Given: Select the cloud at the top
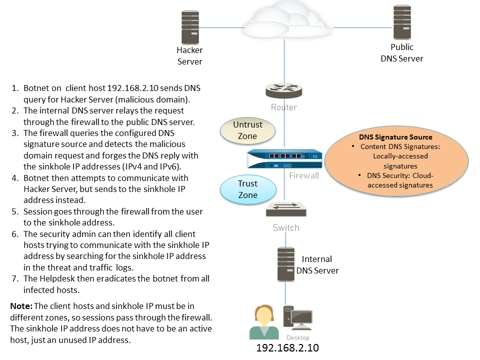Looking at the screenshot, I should (x=286, y=20).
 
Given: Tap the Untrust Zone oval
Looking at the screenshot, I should (x=247, y=130).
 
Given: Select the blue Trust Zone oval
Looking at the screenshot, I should (x=247, y=189).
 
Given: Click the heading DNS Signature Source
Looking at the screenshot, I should (x=395, y=136).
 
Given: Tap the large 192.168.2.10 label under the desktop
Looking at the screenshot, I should (x=287, y=347).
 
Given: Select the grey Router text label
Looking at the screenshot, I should (x=283, y=107).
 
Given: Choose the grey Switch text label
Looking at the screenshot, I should (x=286, y=227).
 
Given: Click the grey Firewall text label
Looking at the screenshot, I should (x=304, y=175).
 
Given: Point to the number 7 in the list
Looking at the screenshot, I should (x=14, y=278).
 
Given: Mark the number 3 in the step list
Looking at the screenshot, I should (x=14, y=133).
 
